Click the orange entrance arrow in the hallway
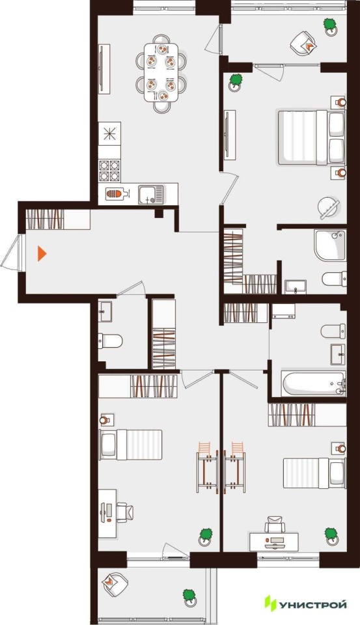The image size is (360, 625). point(42,253)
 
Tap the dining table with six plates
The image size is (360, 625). point(161,72)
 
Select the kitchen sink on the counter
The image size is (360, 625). point(151,195)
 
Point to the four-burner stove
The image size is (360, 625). point(109,171)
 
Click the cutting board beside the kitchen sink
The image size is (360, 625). point(117,194)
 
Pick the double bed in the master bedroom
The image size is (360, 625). point(311,137)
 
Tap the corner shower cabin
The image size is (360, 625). point(329,245)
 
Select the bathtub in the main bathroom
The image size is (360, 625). point(313,384)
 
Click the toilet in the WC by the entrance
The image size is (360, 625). point(110,340)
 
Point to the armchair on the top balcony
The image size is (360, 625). point(303,42)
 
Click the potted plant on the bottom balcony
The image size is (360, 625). point(190,598)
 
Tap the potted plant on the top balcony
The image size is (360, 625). point(330,27)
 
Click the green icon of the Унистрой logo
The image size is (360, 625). point(270,604)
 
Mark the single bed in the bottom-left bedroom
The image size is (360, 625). point(130,445)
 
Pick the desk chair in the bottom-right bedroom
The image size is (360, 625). point(275,523)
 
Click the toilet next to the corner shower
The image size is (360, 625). point(334,279)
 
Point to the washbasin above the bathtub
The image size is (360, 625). point(338,354)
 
